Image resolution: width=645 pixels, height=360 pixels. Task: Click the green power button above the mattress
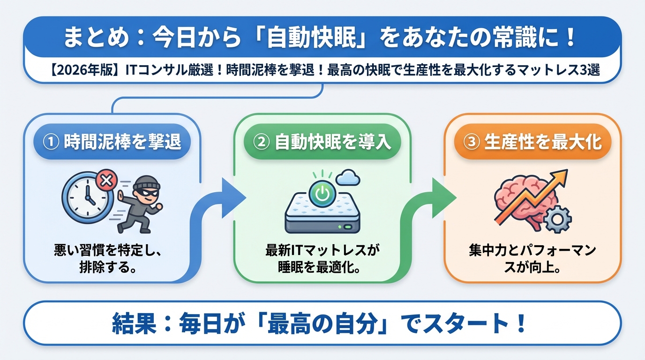(322, 193)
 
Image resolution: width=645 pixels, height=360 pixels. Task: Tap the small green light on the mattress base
(347, 227)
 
